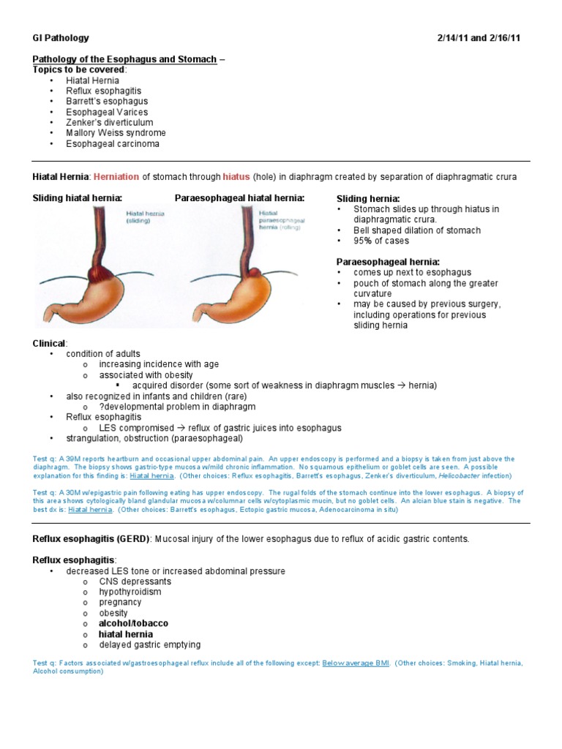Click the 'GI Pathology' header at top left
coord(61,37)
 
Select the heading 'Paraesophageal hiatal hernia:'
coord(239,198)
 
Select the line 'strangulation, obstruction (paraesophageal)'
coord(155,438)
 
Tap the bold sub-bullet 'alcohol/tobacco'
coord(133,623)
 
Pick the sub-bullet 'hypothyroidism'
coord(130,591)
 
